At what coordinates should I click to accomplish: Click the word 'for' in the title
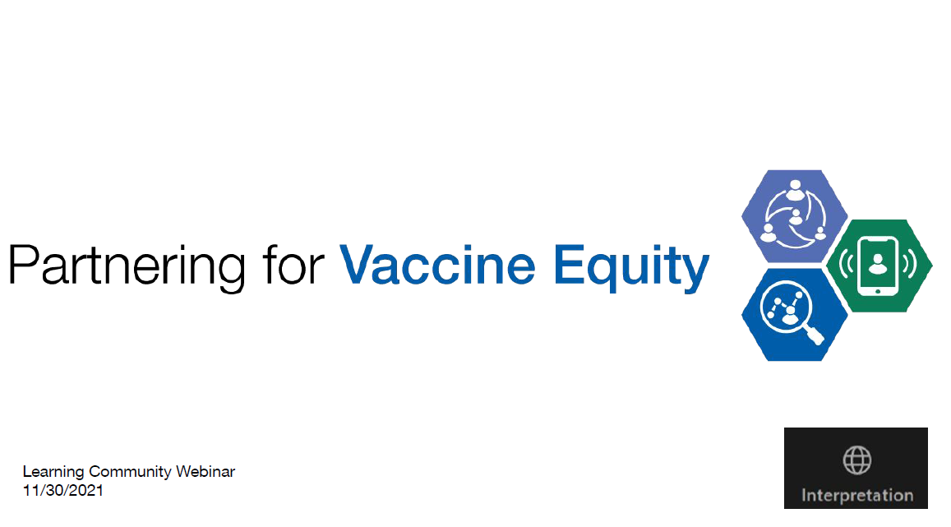293,266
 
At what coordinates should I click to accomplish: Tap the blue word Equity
630,266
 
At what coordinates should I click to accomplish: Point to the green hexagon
879,266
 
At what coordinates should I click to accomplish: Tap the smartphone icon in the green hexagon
878,265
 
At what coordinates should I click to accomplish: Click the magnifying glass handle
815,335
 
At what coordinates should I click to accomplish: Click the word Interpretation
857,496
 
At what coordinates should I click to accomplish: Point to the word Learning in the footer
53,472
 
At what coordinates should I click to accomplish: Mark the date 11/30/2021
63,490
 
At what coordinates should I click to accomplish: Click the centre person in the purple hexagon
794,216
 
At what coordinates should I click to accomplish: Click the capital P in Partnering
23,265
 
